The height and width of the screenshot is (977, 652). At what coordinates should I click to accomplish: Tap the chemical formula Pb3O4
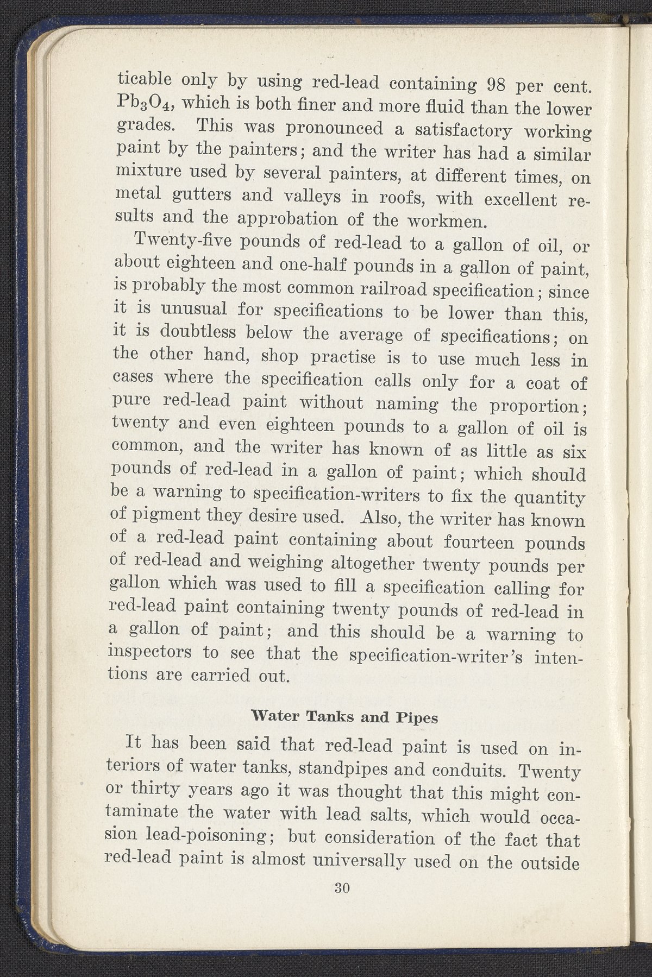click(x=142, y=103)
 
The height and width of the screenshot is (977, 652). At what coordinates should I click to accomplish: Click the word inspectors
click(x=152, y=651)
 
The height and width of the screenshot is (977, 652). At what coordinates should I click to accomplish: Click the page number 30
click(x=342, y=888)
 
